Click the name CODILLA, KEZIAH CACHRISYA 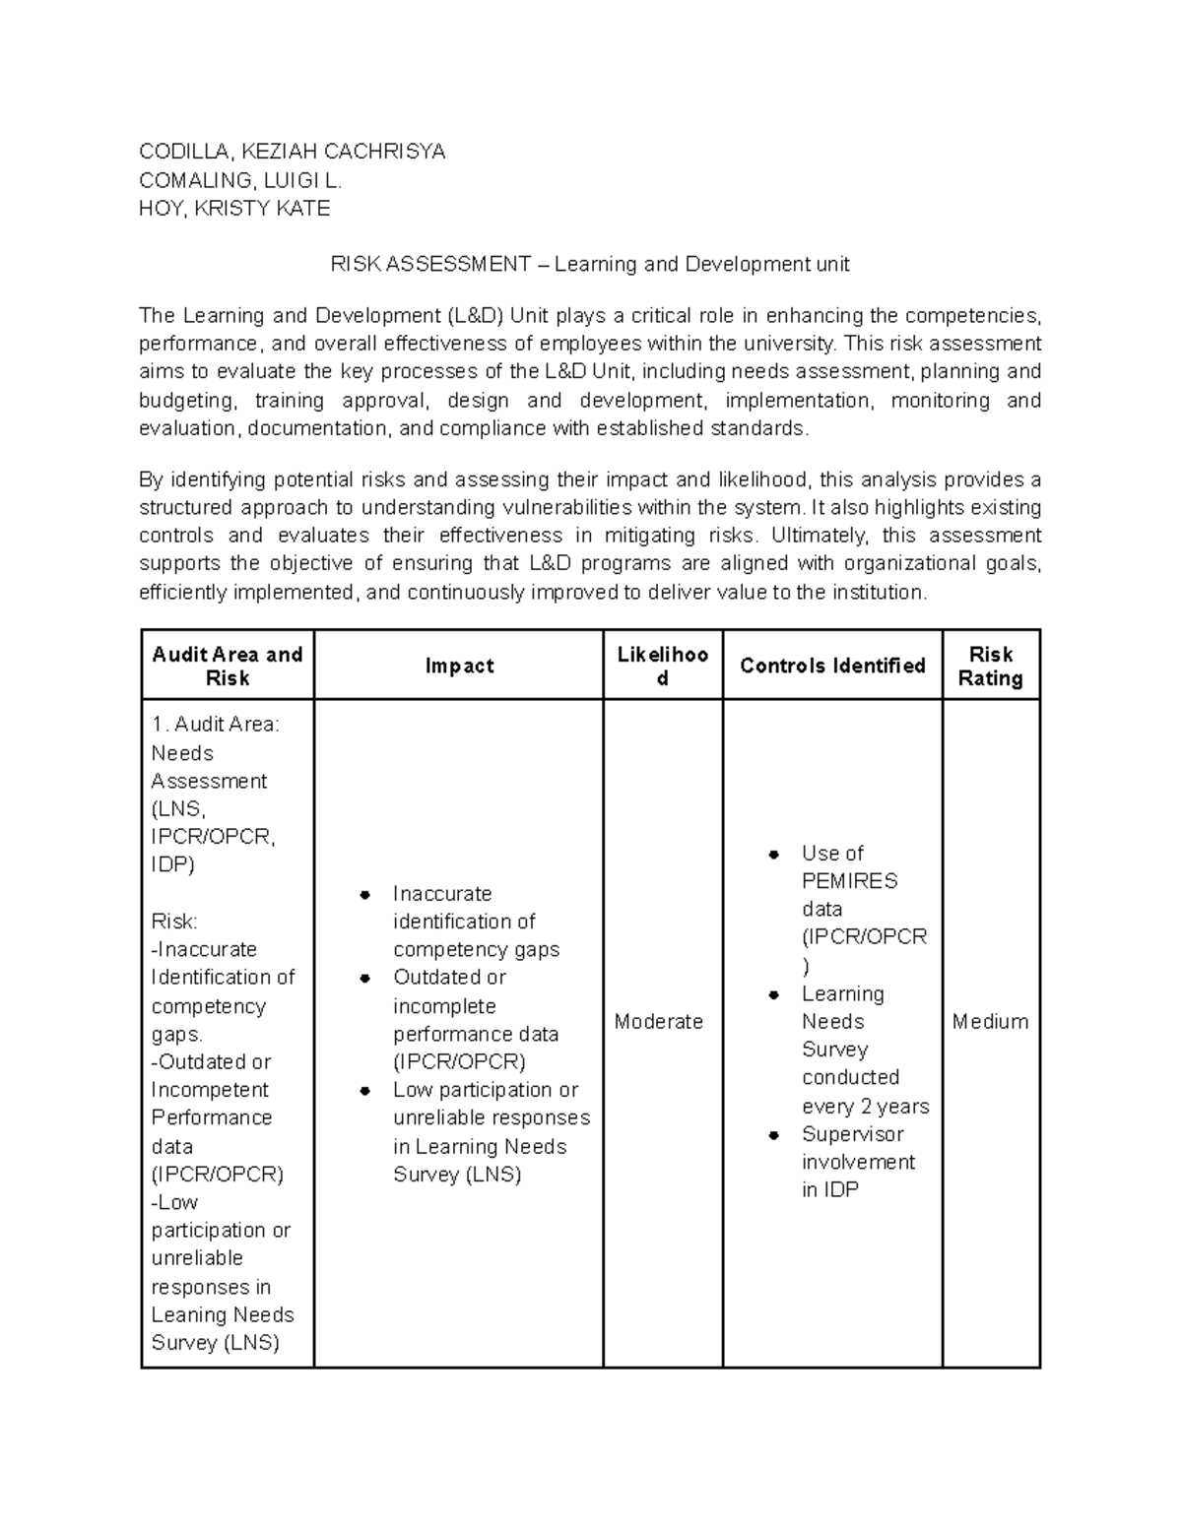[292, 152]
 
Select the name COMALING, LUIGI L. [240, 180]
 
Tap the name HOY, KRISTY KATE [234, 209]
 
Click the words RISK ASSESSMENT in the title [430, 265]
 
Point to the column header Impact [459, 667]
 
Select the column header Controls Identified [832, 667]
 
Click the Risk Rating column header [991, 667]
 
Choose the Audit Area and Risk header [227, 667]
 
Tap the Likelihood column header [662, 667]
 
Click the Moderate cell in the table [658, 1022]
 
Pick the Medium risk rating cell [990, 1022]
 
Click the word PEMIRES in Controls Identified [849, 881]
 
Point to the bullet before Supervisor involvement [774, 1135]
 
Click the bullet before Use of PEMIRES [774, 855]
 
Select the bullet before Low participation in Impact [365, 1091]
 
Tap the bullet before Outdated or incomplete [365, 979]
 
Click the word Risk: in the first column [174, 922]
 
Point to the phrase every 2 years [865, 1107]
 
